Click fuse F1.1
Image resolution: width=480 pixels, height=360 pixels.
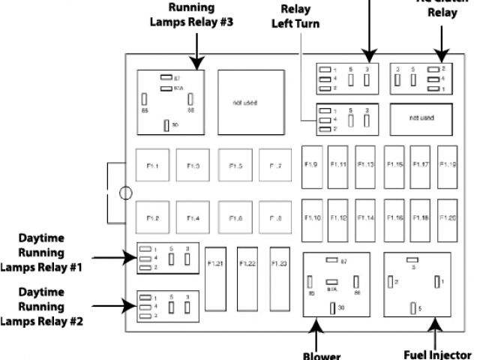tap(152, 165)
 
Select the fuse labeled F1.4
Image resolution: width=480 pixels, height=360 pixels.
tap(193, 217)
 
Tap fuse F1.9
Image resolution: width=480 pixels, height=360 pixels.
tap(312, 164)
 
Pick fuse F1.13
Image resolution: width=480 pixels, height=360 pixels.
tap(366, 164)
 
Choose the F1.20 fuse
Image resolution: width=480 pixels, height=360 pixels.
tap(448, 217)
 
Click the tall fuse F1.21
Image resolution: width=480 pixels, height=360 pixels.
tap(215, 278)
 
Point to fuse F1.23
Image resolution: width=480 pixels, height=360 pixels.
tap(280, 278)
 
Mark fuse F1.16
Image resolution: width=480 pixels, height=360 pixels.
tap(394, 217)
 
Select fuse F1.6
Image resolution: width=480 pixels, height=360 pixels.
tap(235, 217)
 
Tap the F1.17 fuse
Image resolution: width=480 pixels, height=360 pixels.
tap(421, 164)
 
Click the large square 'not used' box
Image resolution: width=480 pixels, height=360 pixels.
tap(245, 101)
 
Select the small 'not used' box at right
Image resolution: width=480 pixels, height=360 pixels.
tap(421, 118)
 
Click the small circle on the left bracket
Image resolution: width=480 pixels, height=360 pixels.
tap(125, 193)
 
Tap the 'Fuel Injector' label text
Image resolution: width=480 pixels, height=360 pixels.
tap(439, 355)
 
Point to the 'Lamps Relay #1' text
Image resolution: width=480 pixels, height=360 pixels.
tap(43, 266)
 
